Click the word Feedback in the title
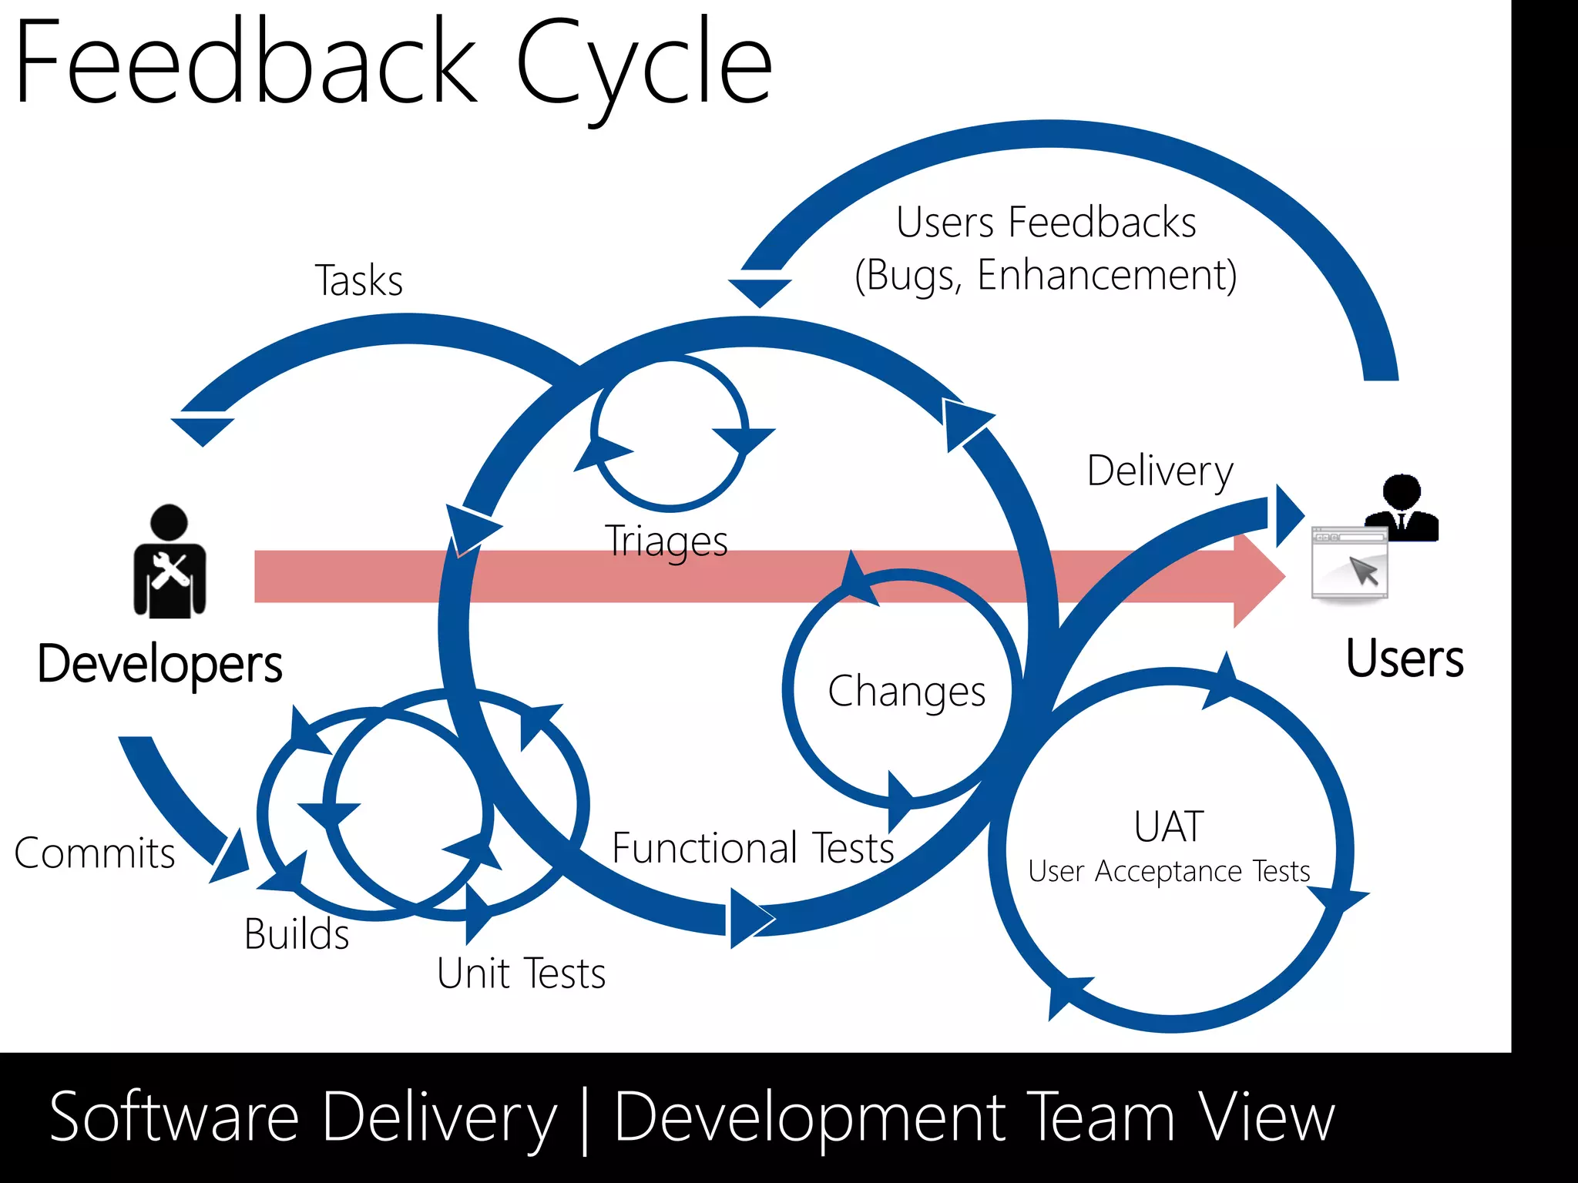pos(247,63)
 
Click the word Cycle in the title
pos(643,65)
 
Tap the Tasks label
pos(359,280)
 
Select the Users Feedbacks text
pos(1046,223)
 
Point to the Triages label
pos(666,541)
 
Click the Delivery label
pos(1160,471)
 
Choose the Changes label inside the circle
pos(906,691)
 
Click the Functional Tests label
pos(752,848)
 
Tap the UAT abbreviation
pos(1168,826)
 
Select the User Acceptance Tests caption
pos(1168,871)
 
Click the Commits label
pos(95,853)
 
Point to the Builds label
pos(297,933)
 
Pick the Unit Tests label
pos(521,973)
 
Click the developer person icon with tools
pos(170,564)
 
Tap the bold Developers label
pos(160,663)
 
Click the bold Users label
pos(1404,659)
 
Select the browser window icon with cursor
pos(1350,562)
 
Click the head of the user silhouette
pos(1402,491)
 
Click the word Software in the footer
pos(174,1118)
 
